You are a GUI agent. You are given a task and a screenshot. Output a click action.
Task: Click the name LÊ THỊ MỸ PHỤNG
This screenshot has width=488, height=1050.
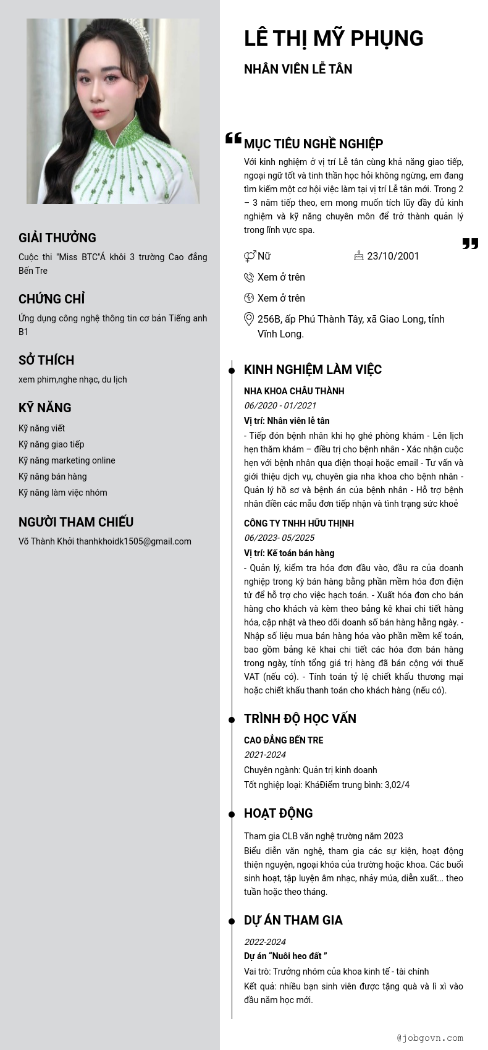click(x=334, y=38)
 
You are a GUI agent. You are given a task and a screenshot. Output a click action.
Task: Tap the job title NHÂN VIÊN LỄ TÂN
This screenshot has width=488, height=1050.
click(x=298, y=69)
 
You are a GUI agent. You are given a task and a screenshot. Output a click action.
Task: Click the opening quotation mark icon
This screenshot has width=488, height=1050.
click(x=233, y=138)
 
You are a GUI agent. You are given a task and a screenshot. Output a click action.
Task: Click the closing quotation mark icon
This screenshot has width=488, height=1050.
click(x=470, y=243)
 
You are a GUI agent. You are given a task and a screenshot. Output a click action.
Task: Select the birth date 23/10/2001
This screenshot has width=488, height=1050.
click(x=393, y=256)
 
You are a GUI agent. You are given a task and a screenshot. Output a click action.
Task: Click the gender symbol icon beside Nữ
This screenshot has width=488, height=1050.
click(x=250, y=256)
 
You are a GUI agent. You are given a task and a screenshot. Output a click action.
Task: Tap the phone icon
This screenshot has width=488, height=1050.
click(x=249, y=277)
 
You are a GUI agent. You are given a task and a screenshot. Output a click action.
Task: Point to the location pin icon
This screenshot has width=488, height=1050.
click(x=249, y=319)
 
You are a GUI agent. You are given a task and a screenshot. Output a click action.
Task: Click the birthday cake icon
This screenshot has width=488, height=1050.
click(x=359, y=255)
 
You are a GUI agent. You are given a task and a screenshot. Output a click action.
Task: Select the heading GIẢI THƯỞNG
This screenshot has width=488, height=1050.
click(x=57, y=238)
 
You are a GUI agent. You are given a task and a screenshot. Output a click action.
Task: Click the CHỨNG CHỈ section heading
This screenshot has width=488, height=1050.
click(x=51, y=299)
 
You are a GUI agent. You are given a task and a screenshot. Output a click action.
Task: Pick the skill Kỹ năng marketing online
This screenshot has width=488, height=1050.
click(x=67, y=460)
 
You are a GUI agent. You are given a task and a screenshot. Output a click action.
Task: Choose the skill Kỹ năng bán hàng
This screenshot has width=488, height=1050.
click(x=53, y=476)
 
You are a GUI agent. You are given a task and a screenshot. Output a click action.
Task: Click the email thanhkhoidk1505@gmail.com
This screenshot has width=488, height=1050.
click(x=134, y=541)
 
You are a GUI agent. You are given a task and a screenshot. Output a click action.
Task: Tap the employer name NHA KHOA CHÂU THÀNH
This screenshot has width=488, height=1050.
click(x=294, y=391)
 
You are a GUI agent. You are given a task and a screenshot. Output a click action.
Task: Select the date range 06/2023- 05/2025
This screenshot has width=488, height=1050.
click(x=279, y=538)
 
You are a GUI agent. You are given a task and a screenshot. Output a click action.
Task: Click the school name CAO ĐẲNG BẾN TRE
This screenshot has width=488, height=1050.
click(x=284, y=740)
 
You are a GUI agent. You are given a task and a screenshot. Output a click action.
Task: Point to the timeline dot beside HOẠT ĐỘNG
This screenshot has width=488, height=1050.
click(x=232, y=814)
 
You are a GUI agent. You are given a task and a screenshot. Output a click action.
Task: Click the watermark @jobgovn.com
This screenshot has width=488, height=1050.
click(x=430, y=1038)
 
